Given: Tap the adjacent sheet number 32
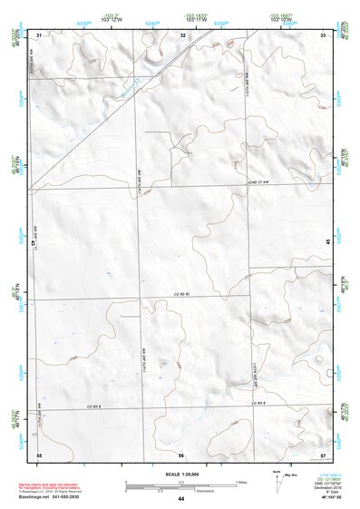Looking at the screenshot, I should pos(182,34).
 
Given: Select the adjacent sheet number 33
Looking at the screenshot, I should pos(323,34).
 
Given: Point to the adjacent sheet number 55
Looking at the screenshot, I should pos(39,453).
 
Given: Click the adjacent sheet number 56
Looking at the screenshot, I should pos(181,453).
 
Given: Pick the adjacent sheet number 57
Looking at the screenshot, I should pos(323,453).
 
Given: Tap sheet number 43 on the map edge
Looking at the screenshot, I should pos(34,243).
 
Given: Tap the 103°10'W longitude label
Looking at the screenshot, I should pos(279,20).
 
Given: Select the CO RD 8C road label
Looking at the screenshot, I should pos(185,294).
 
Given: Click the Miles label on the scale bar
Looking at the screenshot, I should pos(241,481).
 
